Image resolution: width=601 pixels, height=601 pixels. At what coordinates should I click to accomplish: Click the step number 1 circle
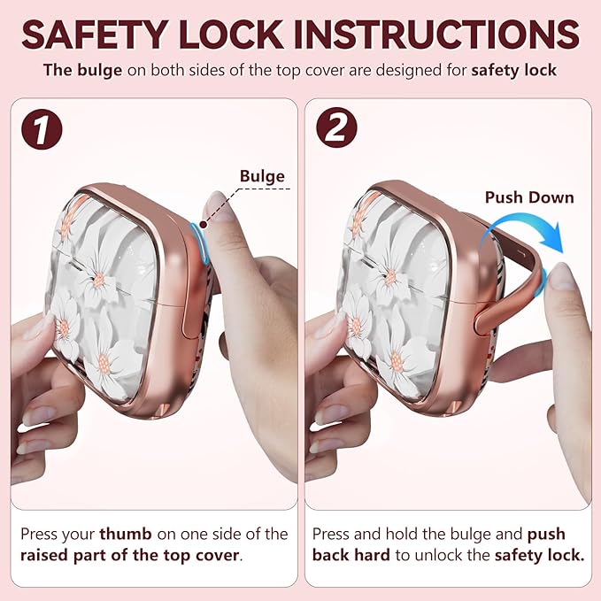point(42,129)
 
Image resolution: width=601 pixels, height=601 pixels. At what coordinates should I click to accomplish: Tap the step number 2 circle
point(336,127)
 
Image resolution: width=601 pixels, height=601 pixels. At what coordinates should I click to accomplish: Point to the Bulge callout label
point(262,176)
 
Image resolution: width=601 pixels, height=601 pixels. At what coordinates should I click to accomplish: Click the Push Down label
point(529,197)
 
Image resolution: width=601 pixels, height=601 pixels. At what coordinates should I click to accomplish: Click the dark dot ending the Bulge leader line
point(204,225)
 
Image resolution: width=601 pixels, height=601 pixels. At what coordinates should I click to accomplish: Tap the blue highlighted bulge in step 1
point(200,243)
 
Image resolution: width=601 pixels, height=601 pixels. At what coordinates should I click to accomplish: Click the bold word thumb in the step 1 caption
point(126,534)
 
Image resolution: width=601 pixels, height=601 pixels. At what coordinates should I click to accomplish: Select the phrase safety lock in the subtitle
point(514,71)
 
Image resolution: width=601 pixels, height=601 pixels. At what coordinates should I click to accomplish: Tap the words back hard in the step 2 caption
point(351,555)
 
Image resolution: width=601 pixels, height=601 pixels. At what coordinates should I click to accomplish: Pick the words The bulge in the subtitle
point(83,71)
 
